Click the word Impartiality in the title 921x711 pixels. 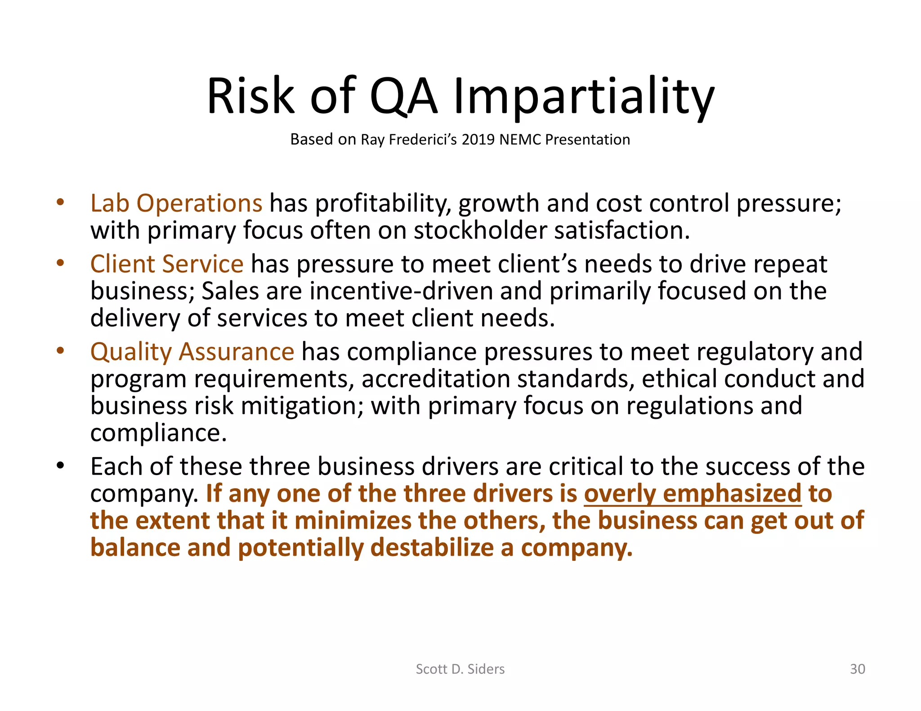pos(584,97)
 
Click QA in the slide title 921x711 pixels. pos(403,97)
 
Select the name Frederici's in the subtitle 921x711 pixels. pos(422,139)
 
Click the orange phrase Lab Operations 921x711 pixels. pos(176,203)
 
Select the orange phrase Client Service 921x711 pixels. pos(167,264)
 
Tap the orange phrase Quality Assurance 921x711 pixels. pos(192,351)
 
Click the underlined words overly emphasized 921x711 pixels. pos(693,493)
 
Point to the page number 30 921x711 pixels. pos(857,669)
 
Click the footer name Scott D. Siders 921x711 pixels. pos(460,669)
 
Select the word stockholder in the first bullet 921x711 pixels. pos(480,231)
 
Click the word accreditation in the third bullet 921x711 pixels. pos(435,379)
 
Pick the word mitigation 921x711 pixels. pos(302,406)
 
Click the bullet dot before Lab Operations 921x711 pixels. pos(60,202)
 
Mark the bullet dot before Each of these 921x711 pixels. pos(60,466)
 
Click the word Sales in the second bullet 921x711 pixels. pos(230,291)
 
